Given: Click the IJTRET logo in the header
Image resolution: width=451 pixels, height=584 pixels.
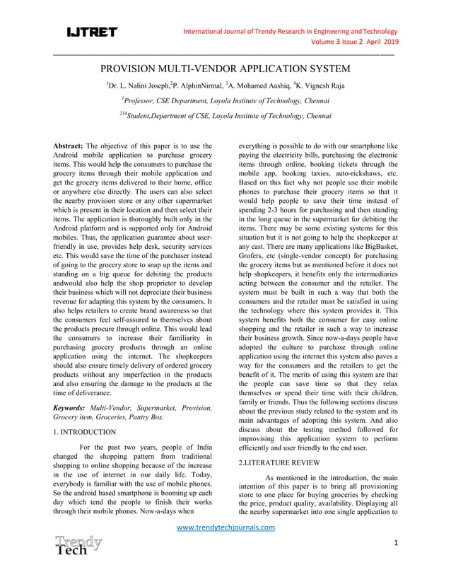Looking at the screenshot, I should pos(92,33).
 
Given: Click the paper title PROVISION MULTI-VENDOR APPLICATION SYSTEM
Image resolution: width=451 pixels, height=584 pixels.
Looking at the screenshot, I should pos(225,69).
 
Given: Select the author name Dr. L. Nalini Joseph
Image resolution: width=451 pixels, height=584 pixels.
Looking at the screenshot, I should pos(138,86).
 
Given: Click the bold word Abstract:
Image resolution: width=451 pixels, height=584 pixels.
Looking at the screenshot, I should pos(69,146).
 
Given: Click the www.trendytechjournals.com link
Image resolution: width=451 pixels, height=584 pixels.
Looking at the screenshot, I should pos(225,527).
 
